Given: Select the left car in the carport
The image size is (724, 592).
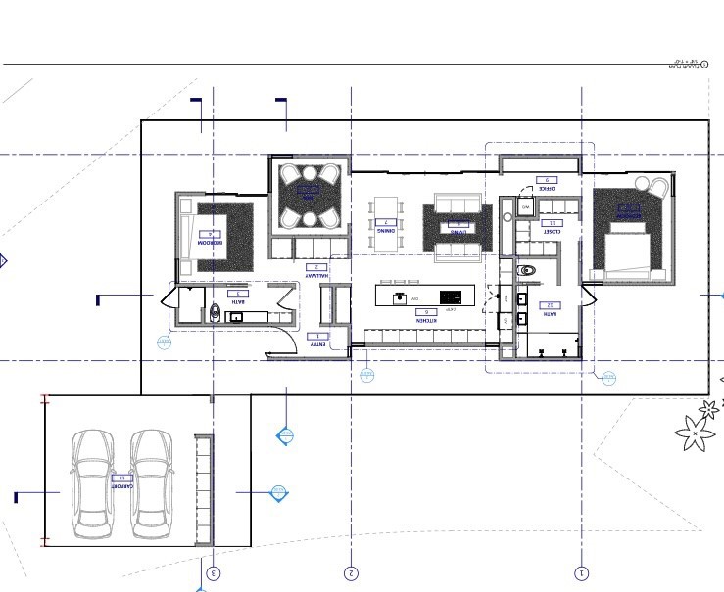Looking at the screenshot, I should (x=94, y=486).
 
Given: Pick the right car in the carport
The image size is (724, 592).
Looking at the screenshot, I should (x=152, y=486).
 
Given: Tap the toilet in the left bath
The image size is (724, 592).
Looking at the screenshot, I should (x=215, y=313).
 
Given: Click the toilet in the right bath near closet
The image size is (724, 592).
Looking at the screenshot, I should (x=528, y=270).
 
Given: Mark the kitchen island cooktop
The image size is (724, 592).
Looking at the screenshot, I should (x=451, y=296).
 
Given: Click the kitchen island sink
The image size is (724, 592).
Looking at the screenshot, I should (x=399, y=296).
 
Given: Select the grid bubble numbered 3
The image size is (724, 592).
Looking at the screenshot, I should (x=214, y=573).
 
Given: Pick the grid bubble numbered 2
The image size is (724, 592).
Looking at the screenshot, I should (x=351, y=573).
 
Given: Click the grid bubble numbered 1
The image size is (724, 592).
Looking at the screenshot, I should (x=582, y=573).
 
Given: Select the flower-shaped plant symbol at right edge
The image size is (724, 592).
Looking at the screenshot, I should (x=694, y=431).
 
